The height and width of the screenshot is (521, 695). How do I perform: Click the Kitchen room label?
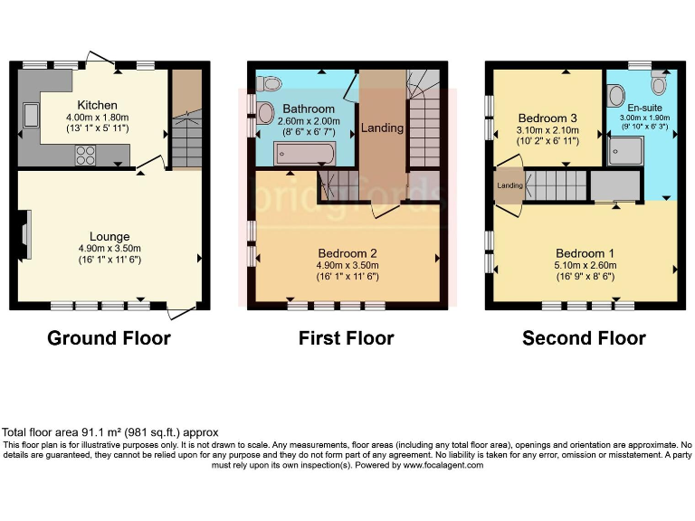click(x=97, y=105)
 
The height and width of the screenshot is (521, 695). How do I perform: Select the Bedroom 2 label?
click(x=346, y=251)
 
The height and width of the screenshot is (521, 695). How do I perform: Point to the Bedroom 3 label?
click(x=547, y=118)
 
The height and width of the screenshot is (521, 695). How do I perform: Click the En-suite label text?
click(x=645, y=108)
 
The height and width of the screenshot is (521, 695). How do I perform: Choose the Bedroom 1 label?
click(x=585, y=252)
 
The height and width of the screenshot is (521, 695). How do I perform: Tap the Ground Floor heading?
click(x=109, y=338)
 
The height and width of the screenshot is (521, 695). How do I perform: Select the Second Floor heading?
click(x=584, y=338)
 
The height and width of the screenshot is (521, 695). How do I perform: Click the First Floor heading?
click(x=346, y=338)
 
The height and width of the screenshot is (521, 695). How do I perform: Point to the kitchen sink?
click(x=30, y=116)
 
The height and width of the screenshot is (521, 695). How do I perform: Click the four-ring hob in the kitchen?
click(x=86, y=155)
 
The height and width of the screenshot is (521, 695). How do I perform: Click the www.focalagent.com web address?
click(x=443, y=465)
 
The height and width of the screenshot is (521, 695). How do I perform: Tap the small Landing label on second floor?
click(x=509, y=186)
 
